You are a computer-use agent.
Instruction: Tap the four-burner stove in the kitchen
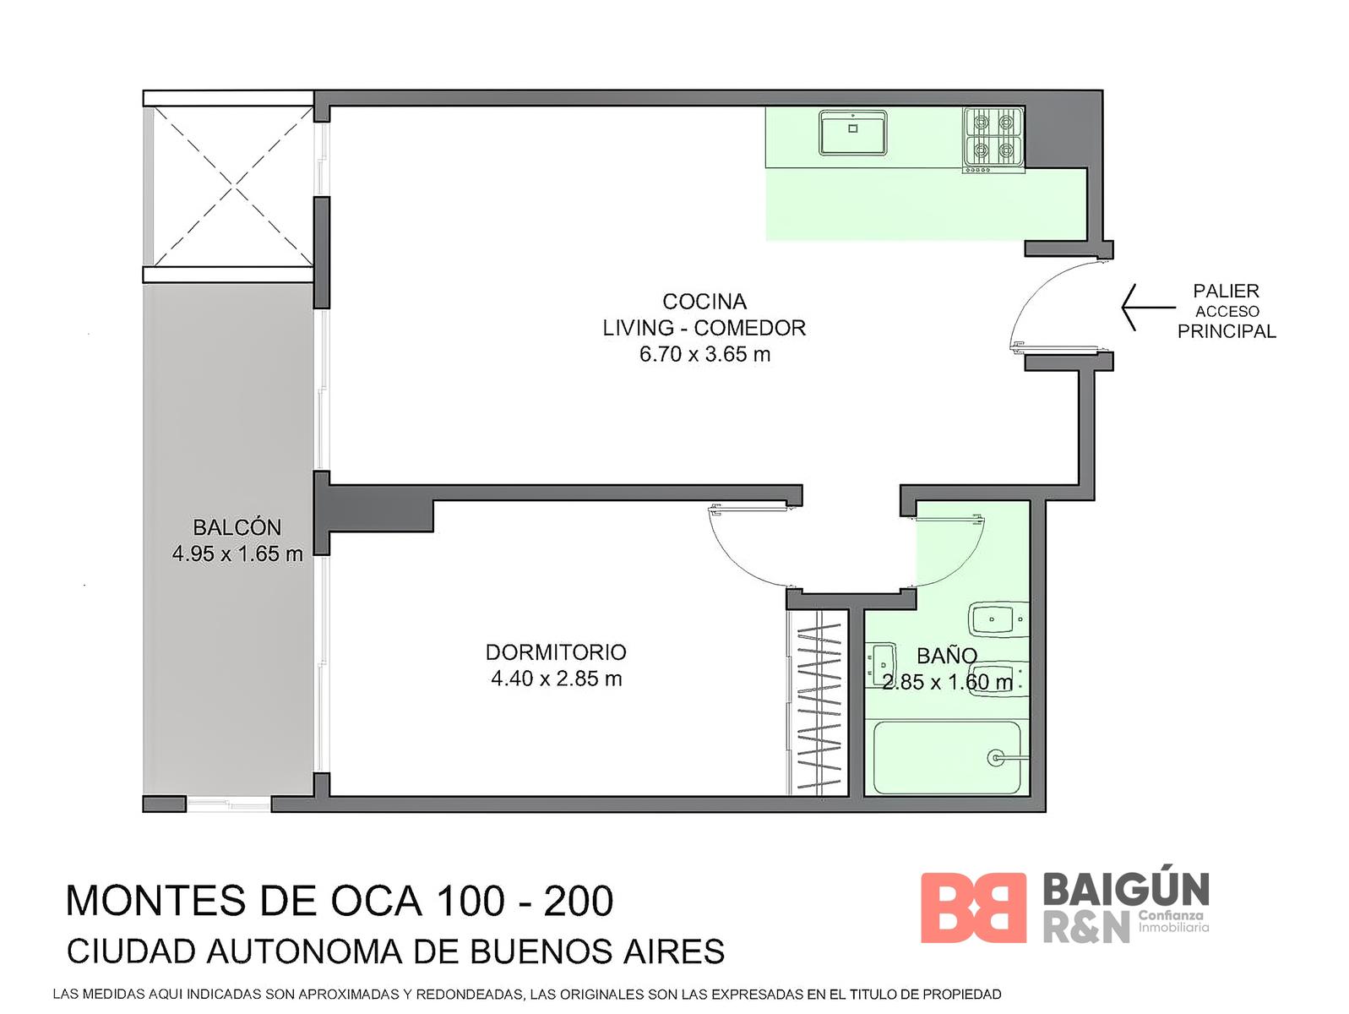coord(993,139)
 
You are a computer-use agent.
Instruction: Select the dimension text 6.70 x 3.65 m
coord(704,355)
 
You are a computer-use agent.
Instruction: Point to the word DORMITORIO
coord(556,652)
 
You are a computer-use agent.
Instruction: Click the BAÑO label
coord(947,656)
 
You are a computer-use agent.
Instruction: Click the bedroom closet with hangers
coord(818,702)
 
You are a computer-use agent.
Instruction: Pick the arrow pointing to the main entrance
coord(1148,308)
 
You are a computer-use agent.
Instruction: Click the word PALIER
coord(1226,291)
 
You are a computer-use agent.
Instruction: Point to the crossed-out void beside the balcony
coord(233,186)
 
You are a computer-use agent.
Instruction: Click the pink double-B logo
coord(973,908)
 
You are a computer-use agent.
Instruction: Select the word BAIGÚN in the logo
coord(1126,889)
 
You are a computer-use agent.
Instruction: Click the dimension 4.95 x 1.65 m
coord(237,554)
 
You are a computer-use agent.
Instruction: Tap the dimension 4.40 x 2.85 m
coord(556,679)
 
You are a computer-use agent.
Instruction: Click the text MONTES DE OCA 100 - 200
coord(340,901)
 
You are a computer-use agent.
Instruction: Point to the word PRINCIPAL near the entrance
coord(1227,331)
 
